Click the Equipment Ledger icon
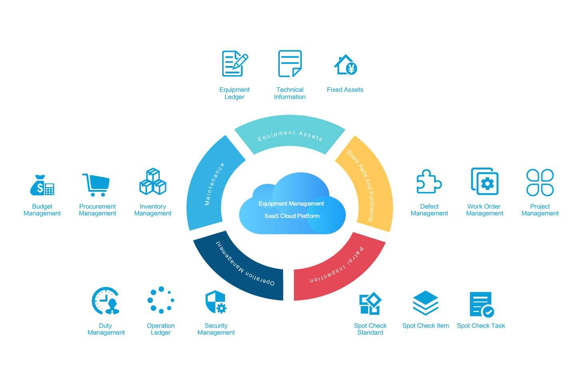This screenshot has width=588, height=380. point(235,63)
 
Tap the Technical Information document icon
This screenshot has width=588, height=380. point(290,63)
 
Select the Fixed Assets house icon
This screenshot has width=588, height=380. point(345,65)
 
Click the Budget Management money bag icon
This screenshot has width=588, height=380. point(42,185)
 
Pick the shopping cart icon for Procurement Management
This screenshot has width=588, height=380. point(96,185)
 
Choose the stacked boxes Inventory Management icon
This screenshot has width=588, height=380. point(153,182)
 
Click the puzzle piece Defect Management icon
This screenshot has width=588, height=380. point(429,182)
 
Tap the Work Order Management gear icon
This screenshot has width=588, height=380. point(484,182)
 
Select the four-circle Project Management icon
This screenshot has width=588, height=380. point(540,182)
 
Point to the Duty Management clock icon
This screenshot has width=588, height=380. point(106,301)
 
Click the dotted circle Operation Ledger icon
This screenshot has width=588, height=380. point(161,300)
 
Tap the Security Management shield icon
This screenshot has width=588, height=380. point(216,302)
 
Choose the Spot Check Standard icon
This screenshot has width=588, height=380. point(370,304)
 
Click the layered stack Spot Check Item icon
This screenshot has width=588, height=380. point(425,303)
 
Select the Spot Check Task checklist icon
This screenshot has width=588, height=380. point(481,304)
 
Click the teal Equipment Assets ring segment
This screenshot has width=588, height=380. point(290,134)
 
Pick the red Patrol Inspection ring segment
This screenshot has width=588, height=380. point(340,268)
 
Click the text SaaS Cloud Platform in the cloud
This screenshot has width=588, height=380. point(292,216)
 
